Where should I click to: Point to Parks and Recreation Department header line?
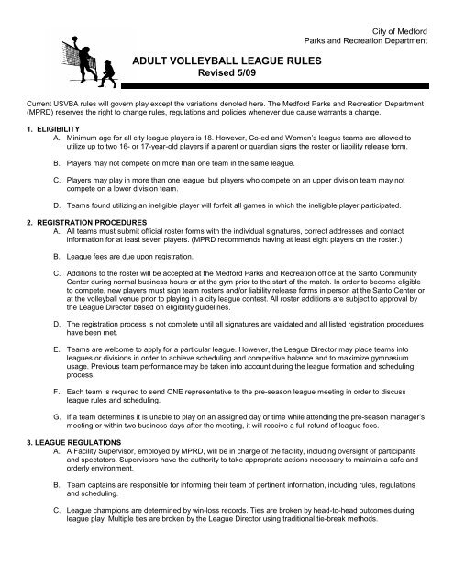(377, 22)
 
